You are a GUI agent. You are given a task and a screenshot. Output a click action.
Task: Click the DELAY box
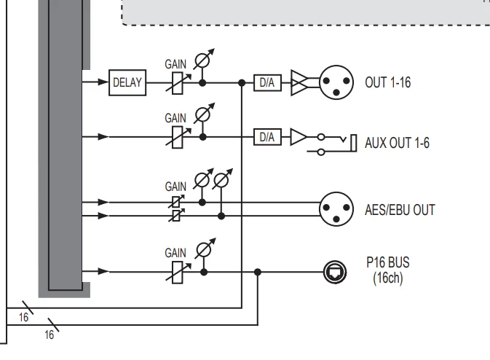click(x=127, y=83)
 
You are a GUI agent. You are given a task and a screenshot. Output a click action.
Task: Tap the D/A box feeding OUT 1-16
click(x=266, y=83)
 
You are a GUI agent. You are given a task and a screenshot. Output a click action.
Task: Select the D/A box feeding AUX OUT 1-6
click(x=266, y=136)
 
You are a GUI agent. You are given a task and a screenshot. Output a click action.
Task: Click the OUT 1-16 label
click(x=387, y=83)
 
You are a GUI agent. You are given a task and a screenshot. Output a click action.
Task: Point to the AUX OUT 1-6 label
click(x=397, y=143)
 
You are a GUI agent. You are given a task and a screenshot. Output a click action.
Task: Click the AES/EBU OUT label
click(x=400, y=210)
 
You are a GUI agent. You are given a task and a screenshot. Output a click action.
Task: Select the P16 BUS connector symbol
click(x=333, y=273)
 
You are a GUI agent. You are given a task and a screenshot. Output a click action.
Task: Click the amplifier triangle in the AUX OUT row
click(x=299, y=136)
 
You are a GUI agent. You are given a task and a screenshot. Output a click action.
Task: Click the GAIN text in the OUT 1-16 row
click(x=175, y=64)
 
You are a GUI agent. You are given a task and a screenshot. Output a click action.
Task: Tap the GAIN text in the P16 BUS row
click(x=175, y=253)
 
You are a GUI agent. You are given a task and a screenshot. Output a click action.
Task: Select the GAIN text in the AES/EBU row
click(x=175, y=187)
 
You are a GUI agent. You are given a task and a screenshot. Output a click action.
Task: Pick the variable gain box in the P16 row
click(x=177, y=273)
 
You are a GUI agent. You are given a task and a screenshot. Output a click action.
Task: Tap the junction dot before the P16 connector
click(x=257, y=273)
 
